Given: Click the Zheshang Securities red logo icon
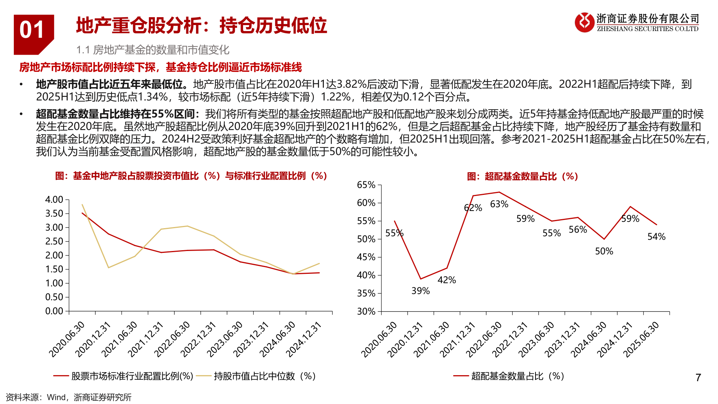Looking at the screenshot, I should pyautogui.click(x=584, y=22).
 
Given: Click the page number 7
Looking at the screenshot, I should pyautogui.click(x=698, y=377).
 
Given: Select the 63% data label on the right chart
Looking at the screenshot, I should pyautogui.click(x=499, y=204).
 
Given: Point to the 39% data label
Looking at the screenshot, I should pyautogui.click(x=420, y=291).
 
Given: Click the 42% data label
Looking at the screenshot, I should pyautogui.click(x=447, y=280).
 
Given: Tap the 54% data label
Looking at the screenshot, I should pyautogui.click(x=656, y=237).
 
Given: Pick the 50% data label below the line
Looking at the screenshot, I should pyautogui.click(x=604, y=251).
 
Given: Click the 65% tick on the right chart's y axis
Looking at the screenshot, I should pyautogui.click(x=366, y=185).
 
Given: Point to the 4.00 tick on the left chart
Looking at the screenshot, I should pyautogui.click(x=54, y=200).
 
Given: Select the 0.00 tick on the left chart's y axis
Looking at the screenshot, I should pyautogui.click(x=54, y=311).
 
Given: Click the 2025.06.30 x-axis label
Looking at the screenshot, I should pyautogui.click(x=641, y=339).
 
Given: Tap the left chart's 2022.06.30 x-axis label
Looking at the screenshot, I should pyautogui.click(x=172, y=339).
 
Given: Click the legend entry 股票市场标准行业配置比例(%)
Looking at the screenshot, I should pyautogui.click(x=132, y=376).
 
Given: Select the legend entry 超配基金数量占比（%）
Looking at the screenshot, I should pyautogui.click(x=518, y=376).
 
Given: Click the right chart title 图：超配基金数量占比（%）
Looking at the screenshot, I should pyautogui.click(x=522, y=176).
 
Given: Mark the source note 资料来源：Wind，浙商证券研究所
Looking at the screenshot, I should pyautogui.click(x=69, y=397).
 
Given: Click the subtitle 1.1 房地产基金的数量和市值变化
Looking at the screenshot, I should pyautogui.click(x=153, y=50).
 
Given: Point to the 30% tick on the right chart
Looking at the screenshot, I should pyautogui.click(x=366, y=311).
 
